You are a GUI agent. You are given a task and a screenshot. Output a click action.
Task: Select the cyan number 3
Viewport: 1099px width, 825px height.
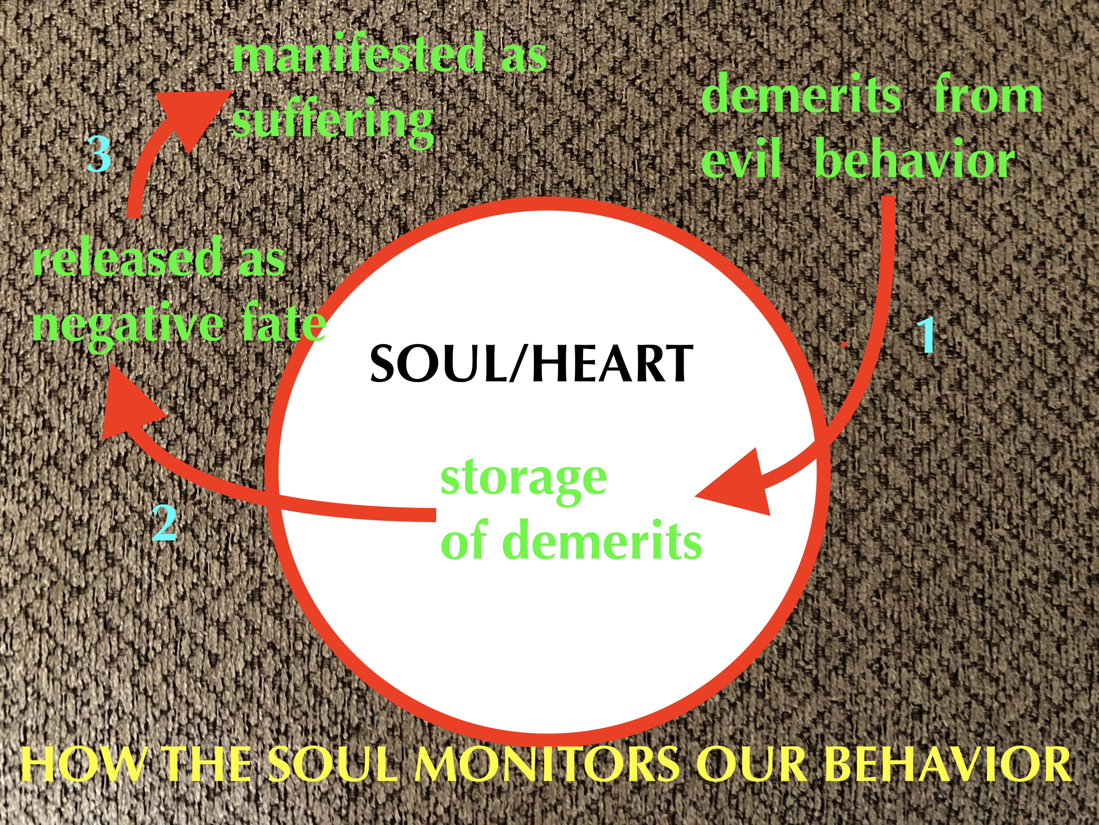[98, 154]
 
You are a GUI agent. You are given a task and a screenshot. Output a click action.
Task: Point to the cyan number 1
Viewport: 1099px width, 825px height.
[925, 336]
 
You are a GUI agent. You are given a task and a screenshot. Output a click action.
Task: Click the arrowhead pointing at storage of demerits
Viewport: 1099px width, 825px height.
[740, 485]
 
